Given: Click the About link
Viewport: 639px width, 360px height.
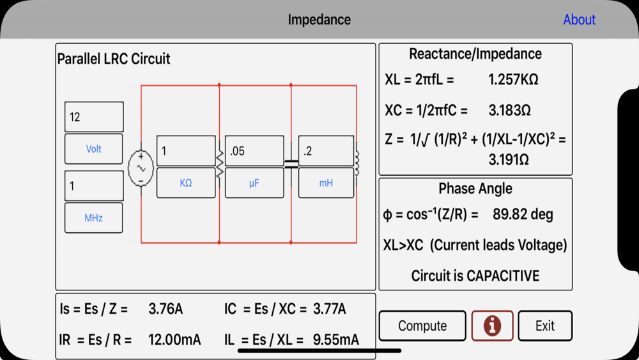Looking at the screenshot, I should click(579, 20).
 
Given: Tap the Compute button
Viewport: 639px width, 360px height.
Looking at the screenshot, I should click(422, 325).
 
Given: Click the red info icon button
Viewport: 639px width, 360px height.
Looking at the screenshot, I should click(492, 325).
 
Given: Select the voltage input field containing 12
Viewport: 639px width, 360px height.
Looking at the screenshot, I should click(94, 117).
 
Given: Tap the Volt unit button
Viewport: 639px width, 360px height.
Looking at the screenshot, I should click(94, 149).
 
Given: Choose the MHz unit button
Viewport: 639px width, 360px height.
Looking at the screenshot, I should click(94, 218).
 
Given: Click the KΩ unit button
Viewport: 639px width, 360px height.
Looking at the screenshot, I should click(186, 183).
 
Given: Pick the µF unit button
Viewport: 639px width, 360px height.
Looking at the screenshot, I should click(254, 183).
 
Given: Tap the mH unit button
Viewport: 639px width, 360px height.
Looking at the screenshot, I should click(326, 183).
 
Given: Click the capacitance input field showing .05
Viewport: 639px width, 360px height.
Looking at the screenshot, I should click(254, 151).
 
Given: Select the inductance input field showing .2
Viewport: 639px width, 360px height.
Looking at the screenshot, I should click(326, 151).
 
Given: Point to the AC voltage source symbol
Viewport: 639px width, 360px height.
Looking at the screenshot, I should click(141, 168).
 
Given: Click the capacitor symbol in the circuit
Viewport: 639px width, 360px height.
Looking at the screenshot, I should click(291, 164).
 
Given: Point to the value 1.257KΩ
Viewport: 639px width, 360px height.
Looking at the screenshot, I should click(513, 80).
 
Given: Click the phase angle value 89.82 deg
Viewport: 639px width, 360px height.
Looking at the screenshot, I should click(523, 214).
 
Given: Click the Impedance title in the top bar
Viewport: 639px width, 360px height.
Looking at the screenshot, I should click(319, 20).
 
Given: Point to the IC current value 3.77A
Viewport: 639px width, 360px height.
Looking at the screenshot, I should click(329, 309).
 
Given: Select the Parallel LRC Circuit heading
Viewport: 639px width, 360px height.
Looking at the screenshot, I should click(114, 59).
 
